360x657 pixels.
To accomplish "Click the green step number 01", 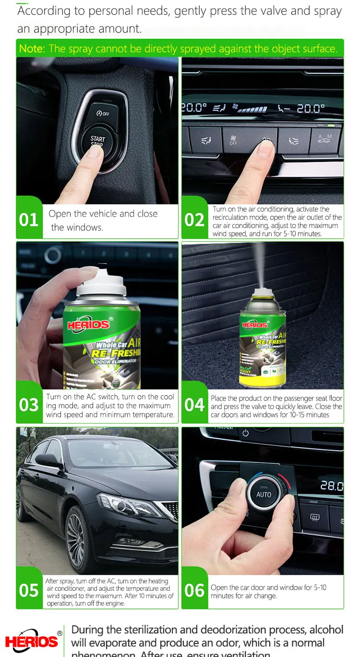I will pos(28,220).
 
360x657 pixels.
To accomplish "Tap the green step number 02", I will pos(194,220).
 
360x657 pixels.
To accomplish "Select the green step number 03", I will pos(28,405).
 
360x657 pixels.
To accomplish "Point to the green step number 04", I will pos(194,405).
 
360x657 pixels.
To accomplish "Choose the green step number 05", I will pos(28,590).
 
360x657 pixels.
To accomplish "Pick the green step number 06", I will pos(194,590).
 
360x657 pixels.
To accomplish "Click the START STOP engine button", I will pos(98,140).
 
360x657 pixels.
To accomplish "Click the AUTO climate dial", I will pos(264,494).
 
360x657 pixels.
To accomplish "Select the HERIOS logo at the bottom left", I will pos(32,641).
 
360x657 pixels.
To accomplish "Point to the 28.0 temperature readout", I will pos(332,486).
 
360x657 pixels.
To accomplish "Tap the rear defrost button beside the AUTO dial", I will pos(315,518).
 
